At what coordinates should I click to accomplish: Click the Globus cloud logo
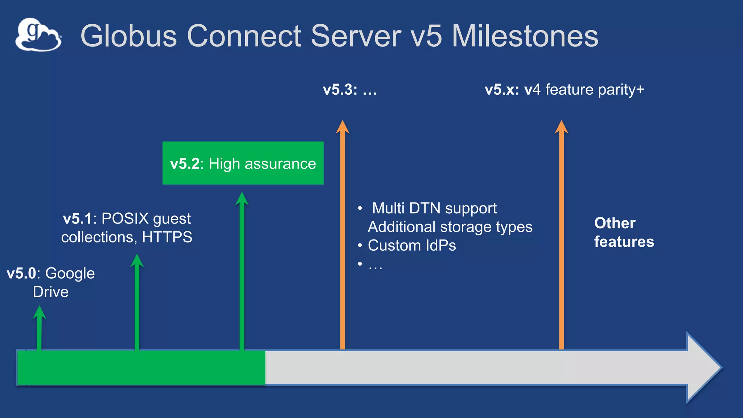(38, 35)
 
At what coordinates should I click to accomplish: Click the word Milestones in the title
(525, 36)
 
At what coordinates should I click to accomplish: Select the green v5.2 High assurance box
(243, 163)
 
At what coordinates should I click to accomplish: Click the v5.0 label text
(21, 273)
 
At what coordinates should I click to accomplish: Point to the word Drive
(51, 292)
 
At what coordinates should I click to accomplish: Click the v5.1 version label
(77, 219)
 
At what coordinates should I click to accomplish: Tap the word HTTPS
(167, 237)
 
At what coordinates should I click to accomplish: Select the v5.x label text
(502, 90)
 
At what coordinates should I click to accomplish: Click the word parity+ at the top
(621, 90)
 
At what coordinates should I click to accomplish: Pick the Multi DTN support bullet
(434, 208)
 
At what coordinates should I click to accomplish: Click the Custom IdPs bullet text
(411, 246)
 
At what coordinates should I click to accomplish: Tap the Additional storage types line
(450, 227)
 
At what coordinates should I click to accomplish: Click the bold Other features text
(623, 232)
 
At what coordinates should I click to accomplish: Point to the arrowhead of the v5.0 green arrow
(39, 312)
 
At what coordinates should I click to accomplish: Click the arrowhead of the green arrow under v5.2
(242, 199)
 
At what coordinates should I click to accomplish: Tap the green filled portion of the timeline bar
(141, 367)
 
